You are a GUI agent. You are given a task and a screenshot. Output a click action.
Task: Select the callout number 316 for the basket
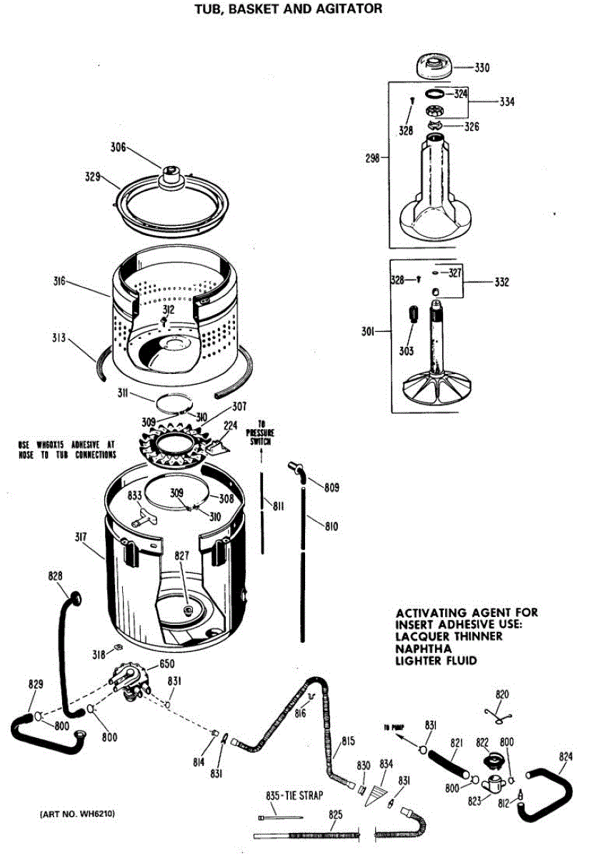click(x=59, y=282)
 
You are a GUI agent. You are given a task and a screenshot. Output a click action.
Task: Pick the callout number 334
click(x=507, y=102)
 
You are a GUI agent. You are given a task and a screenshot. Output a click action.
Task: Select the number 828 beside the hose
click(x=55, y=576)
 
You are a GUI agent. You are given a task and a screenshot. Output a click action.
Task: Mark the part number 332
click(x=502, y=282)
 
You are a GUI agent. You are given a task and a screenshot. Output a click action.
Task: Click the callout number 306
click(x=118, y=148)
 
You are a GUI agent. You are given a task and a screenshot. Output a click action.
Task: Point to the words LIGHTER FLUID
click(x=436, y=661)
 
